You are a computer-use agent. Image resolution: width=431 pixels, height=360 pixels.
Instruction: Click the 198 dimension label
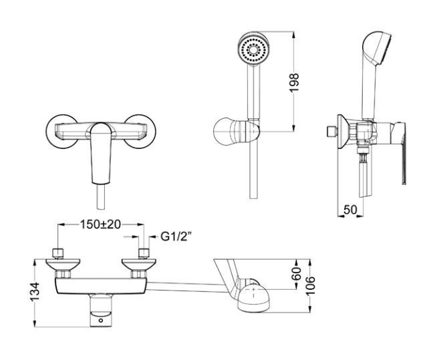295,83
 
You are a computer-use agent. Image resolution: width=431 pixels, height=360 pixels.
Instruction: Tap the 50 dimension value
350,210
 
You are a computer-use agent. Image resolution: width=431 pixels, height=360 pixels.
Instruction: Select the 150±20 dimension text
100,224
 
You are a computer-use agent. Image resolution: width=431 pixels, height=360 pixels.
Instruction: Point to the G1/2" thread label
174,236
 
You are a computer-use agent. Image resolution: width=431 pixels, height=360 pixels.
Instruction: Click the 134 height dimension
35,292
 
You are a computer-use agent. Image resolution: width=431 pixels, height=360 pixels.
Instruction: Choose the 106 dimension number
310,286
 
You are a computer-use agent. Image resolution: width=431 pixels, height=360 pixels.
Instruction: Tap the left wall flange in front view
61,131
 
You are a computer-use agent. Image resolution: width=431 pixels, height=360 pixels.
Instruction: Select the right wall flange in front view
140,131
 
